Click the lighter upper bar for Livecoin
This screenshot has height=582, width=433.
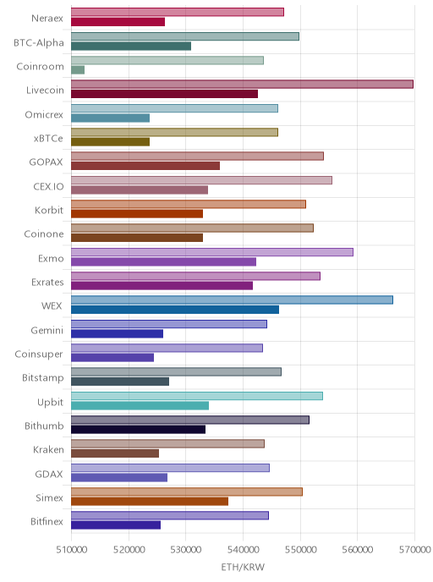coord(242,85)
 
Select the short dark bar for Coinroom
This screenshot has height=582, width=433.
coord(78,69)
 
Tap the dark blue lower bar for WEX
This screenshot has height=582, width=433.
coord(175,310)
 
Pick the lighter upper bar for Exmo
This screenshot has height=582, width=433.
coord(212,252)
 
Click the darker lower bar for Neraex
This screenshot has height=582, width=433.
coord(118,22)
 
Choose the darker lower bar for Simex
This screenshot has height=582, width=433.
coord(150,502)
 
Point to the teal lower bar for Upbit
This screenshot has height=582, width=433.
coord(140,405)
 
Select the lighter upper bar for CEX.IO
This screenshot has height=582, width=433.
coord(201,180)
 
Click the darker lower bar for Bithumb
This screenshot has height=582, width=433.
coord(139,430)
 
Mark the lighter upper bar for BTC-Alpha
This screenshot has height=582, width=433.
coord(185,36)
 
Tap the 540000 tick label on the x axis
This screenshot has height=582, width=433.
coord(243,550)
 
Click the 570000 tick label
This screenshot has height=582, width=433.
coord(415,550)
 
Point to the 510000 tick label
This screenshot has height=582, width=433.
coord(72,550)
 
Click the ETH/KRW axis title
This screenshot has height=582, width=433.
coord(243,567)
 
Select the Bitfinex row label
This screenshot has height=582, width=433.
coord(47,521)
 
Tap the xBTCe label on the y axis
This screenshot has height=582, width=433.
coord(48,139)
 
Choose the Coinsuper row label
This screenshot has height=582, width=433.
coord(39,354)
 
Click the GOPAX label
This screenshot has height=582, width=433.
coord(46,162)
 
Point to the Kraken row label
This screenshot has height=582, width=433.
coord(48,450)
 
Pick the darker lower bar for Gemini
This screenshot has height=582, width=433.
coord(118,333)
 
